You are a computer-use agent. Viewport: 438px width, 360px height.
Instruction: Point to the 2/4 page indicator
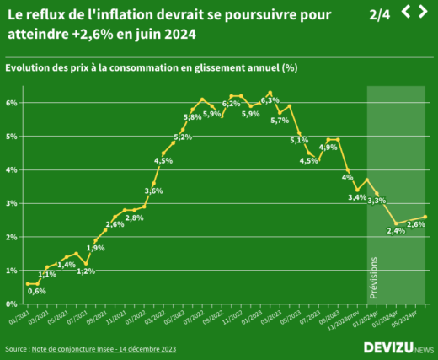380,14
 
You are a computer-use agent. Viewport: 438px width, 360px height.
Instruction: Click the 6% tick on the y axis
13,103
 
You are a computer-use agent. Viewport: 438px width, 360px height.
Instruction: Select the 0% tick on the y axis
13,304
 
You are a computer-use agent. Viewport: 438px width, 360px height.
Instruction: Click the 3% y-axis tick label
13,204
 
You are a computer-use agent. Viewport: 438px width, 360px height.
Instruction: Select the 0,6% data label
37,291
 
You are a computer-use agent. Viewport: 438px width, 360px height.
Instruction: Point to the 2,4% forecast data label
395,232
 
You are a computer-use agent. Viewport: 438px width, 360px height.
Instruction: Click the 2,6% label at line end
415,224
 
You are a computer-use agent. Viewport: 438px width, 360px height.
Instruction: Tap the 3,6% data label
153,191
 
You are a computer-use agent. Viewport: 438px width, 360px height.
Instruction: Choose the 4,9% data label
328,147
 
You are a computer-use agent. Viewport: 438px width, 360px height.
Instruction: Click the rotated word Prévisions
374,278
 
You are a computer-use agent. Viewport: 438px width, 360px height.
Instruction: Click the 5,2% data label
183,137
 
